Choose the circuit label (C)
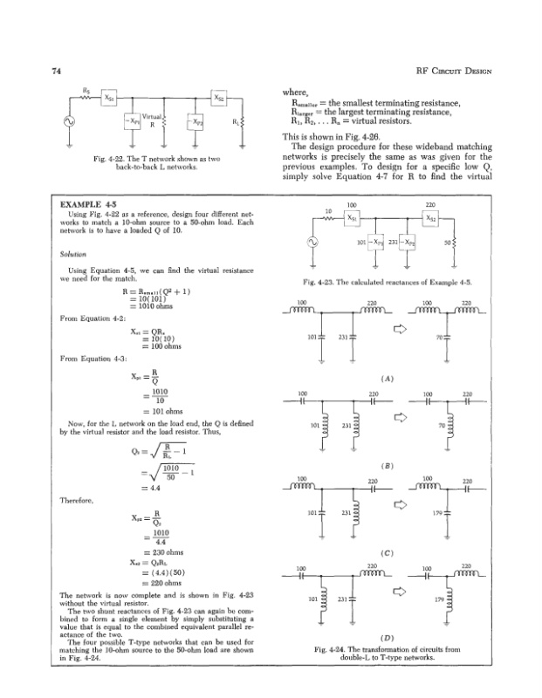coord(385,553)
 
